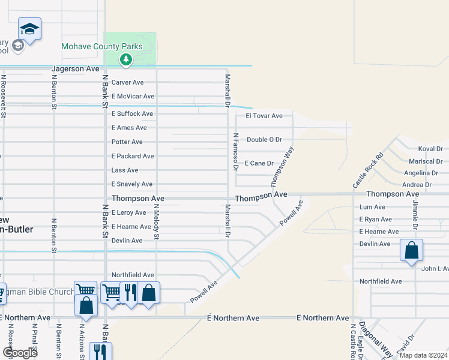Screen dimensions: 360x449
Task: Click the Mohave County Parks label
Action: coord(102,46)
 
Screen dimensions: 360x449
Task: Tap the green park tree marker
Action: coord(125,59)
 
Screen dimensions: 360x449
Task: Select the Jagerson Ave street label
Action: coord(75,69)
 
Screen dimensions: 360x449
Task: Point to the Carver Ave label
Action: coord(127,82)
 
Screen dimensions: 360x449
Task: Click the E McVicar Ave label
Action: coord(133,96)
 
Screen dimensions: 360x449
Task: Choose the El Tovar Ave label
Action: coord(264,116)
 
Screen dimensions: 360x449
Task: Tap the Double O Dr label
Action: coord(264,139)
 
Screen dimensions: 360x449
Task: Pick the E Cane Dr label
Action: coord(259,163)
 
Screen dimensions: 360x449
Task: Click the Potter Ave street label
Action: coord(127,142)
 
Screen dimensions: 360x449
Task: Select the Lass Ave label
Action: coord(125,170)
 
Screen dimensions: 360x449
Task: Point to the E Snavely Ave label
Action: coord(132,184)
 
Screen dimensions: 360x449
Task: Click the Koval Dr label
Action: coord(430,149)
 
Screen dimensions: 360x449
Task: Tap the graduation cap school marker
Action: coord(29,29)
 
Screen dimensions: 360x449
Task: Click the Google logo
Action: coord(20,353)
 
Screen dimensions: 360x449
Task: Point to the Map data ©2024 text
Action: coord(423,355)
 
